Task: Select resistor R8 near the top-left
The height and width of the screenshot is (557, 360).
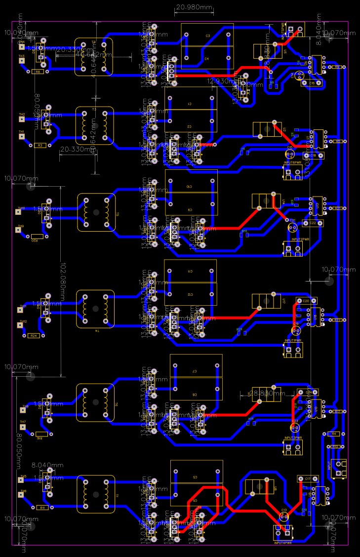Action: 38,72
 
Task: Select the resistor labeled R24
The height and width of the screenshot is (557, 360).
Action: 34,336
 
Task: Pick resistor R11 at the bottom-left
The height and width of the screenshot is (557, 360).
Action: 42,507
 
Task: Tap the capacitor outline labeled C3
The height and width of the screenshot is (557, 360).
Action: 207,36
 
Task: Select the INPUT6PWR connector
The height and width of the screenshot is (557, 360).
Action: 293,172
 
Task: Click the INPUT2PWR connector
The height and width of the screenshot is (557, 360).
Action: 293,248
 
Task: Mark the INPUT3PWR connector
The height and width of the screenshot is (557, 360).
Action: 293,447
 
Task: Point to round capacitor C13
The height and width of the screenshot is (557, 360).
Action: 284,517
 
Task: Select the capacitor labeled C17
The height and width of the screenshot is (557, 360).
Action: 307,479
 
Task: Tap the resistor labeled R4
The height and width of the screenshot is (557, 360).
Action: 334,434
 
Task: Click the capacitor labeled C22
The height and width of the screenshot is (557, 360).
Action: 313,223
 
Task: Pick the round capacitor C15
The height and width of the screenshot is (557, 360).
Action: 290,154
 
